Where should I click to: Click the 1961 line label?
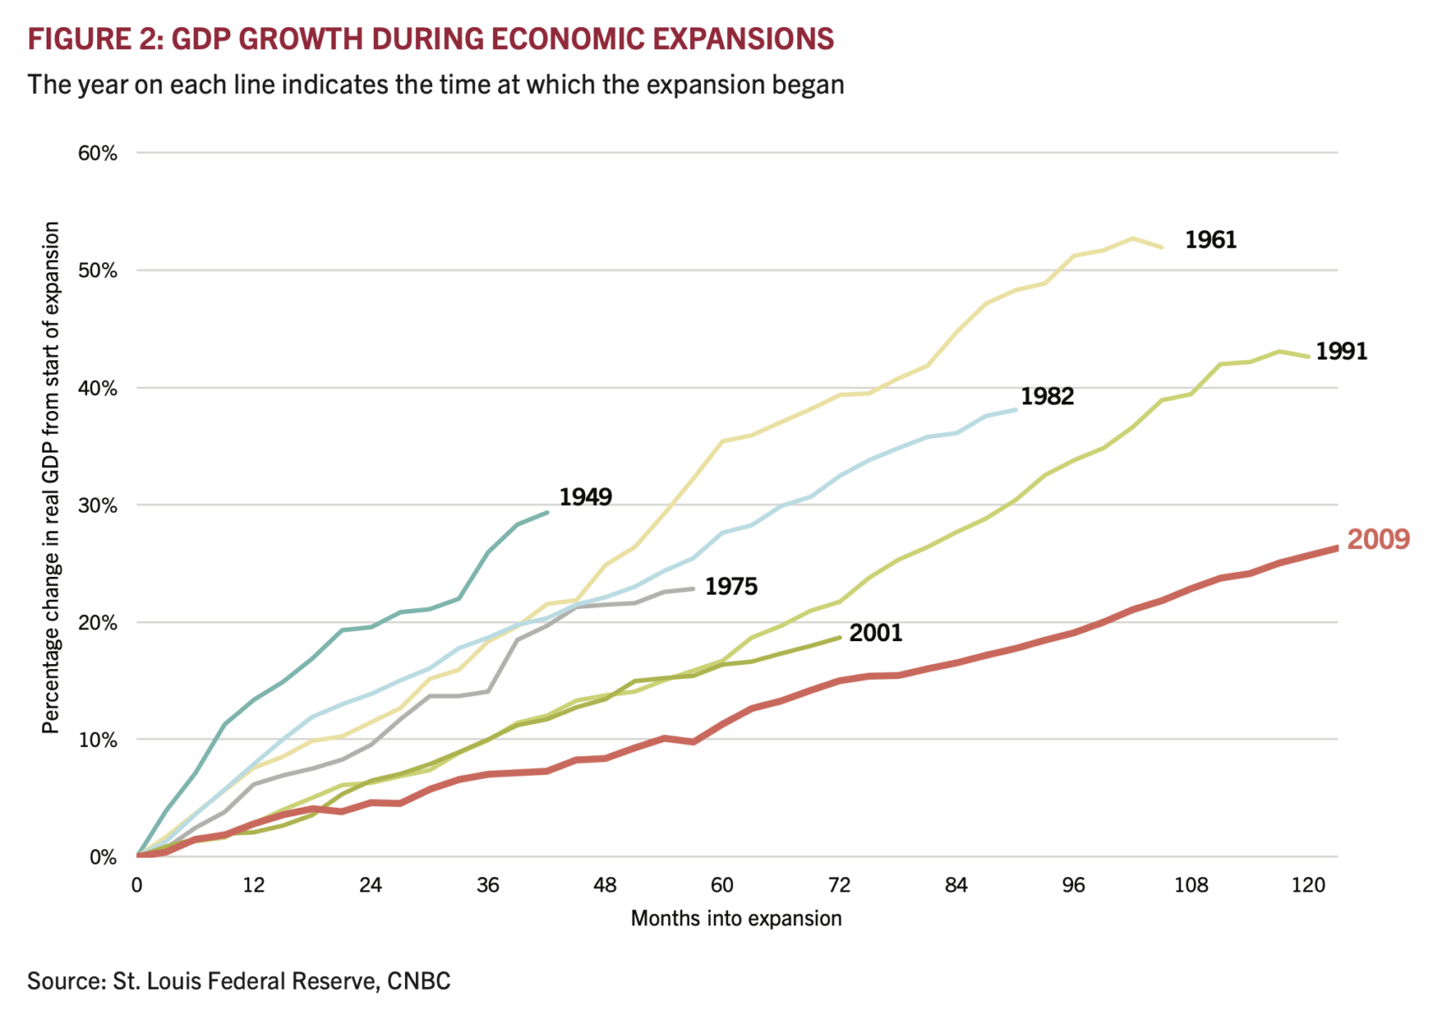(x=1210, y=240)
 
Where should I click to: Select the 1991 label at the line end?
(x=1341, y=351)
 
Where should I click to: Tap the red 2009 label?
(x=1378, y=540)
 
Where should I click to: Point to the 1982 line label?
(x=1047, y=397)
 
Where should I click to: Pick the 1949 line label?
(x=585, y=497)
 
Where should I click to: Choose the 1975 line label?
(x=731, y=587)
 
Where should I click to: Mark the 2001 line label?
(x=875, y=634)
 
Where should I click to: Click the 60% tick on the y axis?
(x=97, y=154)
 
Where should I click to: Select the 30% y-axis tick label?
(x=97, y=506)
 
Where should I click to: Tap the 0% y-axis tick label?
(x=102, y=858)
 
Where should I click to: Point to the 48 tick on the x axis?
(x=605, y=886)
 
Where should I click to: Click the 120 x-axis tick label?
(x=1308, y=886)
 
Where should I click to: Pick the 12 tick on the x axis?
(x=254, y=886)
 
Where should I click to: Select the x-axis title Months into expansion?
(x=736, y=919)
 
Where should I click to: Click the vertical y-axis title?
(x=52, y=478)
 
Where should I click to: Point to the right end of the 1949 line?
(x=548, y=512)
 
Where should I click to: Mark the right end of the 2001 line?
(x=840, y=637)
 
